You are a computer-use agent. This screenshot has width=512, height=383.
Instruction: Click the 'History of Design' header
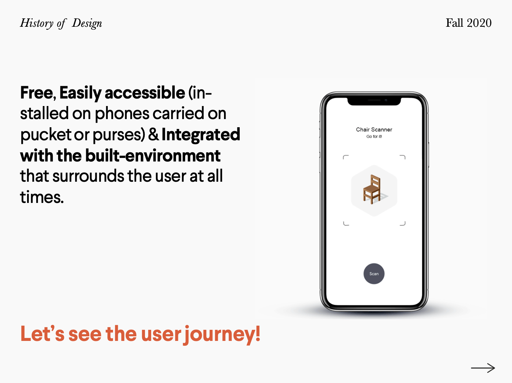click(x=61, y=23)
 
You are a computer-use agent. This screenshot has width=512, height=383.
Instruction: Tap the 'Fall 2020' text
click(x=469, y=23)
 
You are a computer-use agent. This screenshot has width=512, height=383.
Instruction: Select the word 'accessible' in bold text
click(x=145, y=93)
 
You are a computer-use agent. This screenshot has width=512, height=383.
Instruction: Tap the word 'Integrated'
click(x=201, y=135)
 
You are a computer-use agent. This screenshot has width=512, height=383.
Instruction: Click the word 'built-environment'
click(x=153, y=156)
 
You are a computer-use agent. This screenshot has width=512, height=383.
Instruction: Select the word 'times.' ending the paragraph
click(x=42, y=197)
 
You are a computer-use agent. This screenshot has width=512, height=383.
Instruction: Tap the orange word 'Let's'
click(x=42, y=334)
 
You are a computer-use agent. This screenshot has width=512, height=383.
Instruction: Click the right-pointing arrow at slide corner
click(x=483, y=368)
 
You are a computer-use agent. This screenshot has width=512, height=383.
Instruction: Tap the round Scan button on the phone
click(x=374, y=274)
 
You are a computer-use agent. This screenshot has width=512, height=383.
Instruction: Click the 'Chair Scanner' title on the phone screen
click(x=374, y=130)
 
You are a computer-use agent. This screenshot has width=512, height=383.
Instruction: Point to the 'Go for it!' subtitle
click(x=374, y=136)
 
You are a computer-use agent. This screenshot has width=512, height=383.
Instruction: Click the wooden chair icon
click(x=372, y=189)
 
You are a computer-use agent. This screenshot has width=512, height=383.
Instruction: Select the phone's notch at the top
click(x=374, y=101)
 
